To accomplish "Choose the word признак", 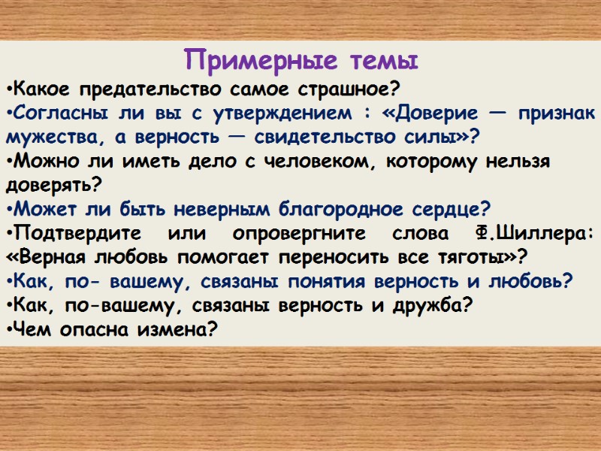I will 555,114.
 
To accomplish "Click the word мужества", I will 53,138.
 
